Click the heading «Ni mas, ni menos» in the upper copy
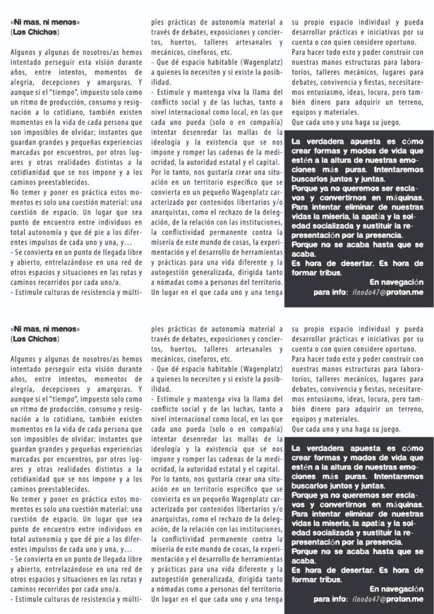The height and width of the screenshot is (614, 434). click(x=45, y=22)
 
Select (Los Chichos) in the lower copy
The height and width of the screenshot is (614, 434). click(x=35, y=339)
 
